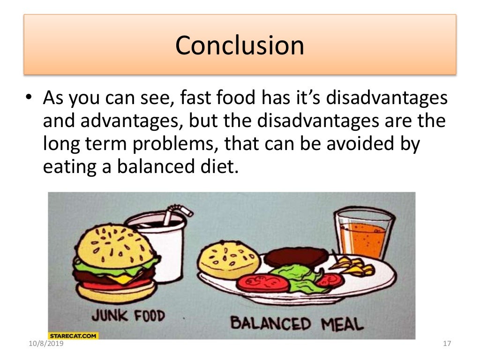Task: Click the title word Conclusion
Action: coord(240,45)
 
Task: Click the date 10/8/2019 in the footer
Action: coord(45,345)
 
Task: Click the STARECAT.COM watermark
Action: coord(73,336)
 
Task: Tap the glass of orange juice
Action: coord(362,234)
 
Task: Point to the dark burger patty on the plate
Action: coord(295,256)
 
